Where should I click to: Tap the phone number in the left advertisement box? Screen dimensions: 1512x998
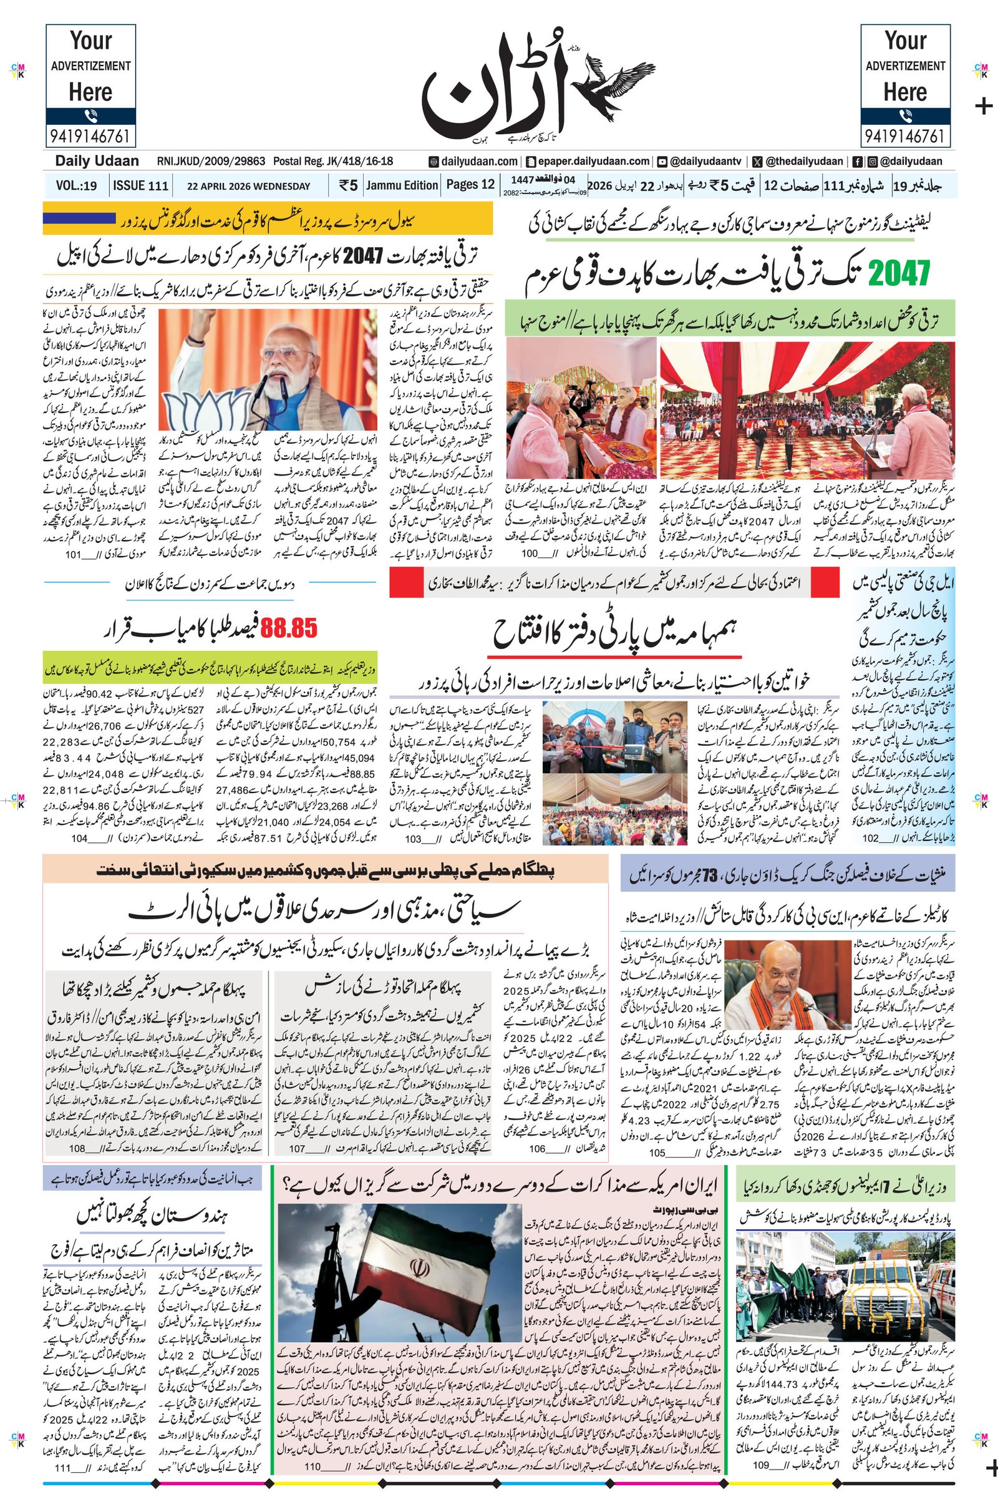(x=90, y=135)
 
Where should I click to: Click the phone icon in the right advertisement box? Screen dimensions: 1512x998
(x=904, y=117)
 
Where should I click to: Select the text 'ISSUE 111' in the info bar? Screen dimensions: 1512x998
(x=141, y=186)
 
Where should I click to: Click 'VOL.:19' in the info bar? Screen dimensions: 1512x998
(x=75, y=186)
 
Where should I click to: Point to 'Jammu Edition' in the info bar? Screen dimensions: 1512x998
(x=402, y=185)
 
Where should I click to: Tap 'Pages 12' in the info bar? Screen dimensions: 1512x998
(x=470, y=185)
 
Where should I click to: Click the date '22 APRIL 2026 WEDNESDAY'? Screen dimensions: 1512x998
(x=248, y=187)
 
